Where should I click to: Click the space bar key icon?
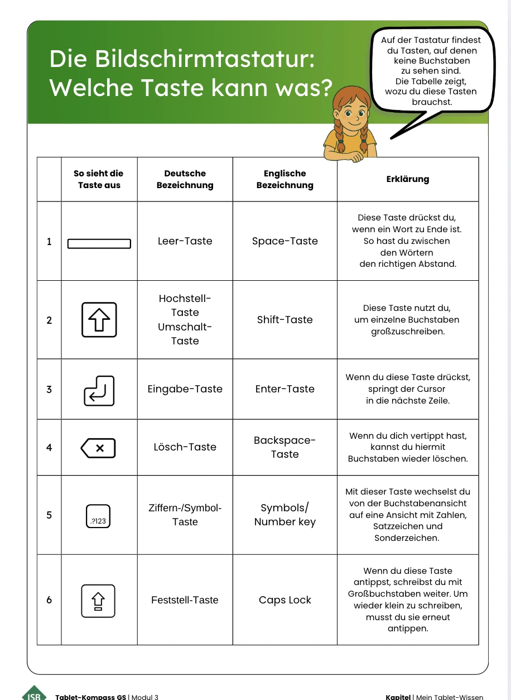[x=99, y=244]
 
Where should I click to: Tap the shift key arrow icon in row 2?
[x=99, y=320]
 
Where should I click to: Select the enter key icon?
[x=99, y=390]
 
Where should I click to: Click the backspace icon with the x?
[x=99, y=448]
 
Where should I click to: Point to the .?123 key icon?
[x=98, y=516]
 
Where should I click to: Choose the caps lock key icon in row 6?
[x=98, y=601]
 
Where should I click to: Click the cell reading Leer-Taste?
[x=185, y=241]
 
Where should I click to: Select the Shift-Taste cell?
[x=285, y=320]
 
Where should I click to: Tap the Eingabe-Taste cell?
[x=185, y=389]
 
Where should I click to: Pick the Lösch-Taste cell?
[x=185, y=447]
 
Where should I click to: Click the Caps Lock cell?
[x=285, y=600]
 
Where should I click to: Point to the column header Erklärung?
[x=407, y=179]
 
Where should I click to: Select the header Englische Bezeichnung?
[x=285, y=179]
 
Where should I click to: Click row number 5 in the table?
[x=49, y=515]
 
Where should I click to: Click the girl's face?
[x=351, y=115]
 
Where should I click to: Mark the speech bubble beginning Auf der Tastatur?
[x=431, y=70]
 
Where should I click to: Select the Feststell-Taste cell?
[x=185, y=600]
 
